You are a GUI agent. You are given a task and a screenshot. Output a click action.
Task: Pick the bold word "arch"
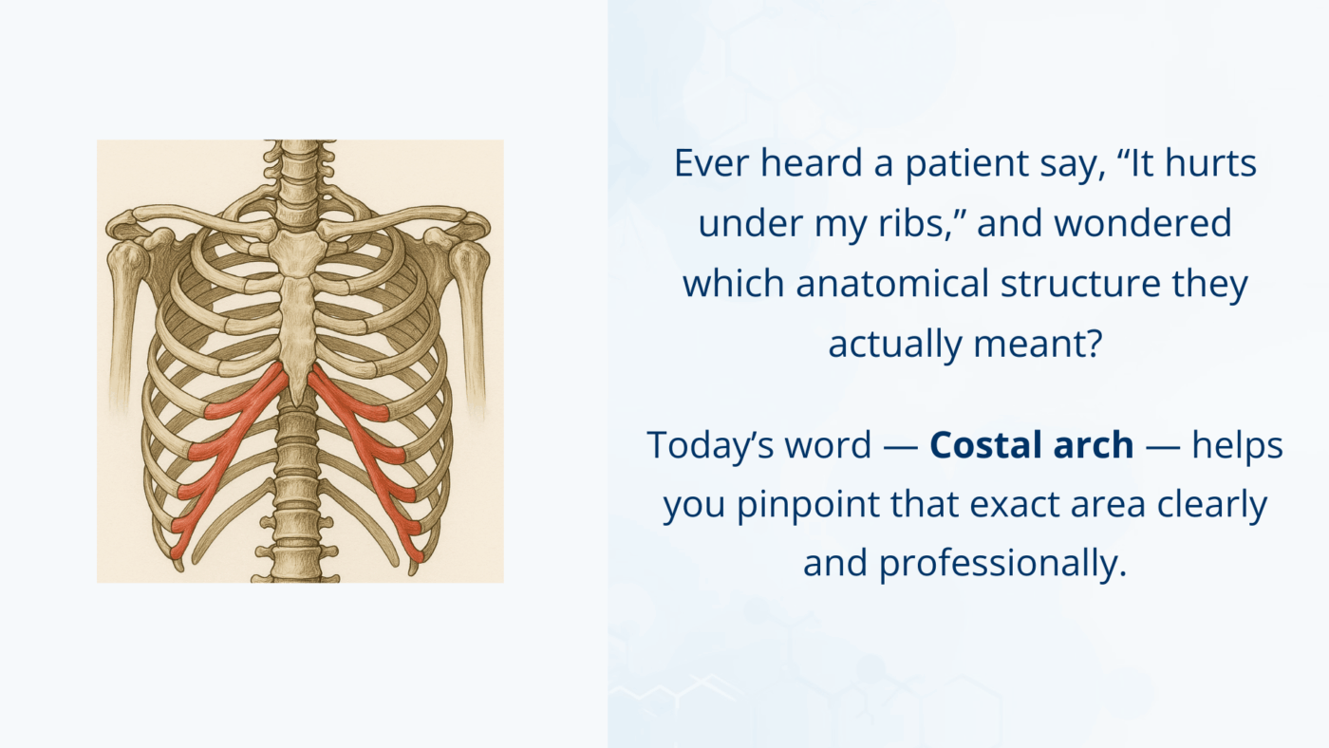coord(1097,444)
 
